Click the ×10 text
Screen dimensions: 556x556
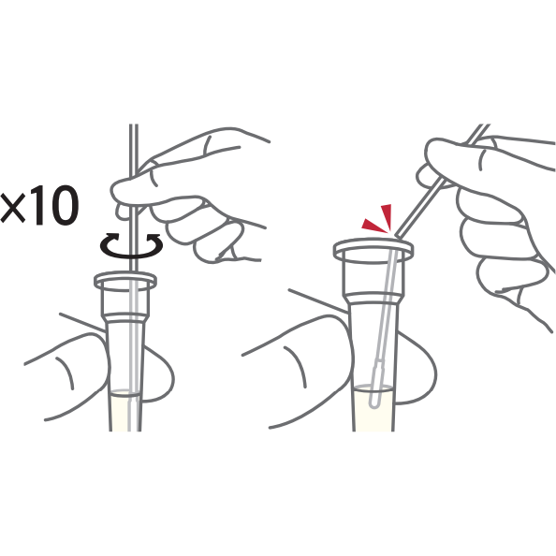39,206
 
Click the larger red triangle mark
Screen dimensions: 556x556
373,226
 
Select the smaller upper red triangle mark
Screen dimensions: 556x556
387,215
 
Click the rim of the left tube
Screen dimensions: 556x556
125,280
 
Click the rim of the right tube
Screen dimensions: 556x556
373,249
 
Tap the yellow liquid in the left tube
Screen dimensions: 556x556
125,411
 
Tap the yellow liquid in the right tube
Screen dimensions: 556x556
373,408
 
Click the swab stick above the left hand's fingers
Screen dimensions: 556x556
134,149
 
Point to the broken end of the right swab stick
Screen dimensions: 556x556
397,234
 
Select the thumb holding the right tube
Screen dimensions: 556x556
301,369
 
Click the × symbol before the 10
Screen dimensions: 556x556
13,208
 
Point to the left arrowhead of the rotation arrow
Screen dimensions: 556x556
112,236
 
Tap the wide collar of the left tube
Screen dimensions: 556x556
125,302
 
